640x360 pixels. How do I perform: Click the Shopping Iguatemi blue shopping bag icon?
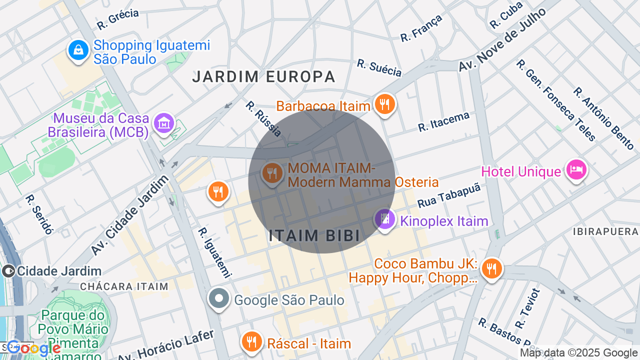click(78, 50)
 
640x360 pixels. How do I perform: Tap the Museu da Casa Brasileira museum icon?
click(164, 122)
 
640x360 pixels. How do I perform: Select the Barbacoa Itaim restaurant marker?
click(384, 104)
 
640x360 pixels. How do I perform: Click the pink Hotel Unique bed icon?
click(576, 170)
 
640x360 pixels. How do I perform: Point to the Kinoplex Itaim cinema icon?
click(385, 219)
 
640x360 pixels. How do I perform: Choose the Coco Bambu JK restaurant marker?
click(492, 269)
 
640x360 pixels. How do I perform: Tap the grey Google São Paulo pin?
click(218, 298)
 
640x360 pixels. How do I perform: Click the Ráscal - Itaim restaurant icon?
click(251, 341)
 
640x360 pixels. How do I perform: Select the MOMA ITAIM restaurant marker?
click(272, 173)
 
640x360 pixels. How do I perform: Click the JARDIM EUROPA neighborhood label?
click(263, 76)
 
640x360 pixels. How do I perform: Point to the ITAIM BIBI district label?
click(314, 236)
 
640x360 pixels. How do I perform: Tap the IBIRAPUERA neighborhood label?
click(605, 232)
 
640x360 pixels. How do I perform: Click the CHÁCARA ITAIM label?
click(124, 286)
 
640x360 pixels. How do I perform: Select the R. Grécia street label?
click(117, 18)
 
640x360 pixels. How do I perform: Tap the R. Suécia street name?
click(379, 68)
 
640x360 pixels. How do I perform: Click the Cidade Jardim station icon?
click(8, 271)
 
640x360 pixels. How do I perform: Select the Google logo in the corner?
click(33, 348)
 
